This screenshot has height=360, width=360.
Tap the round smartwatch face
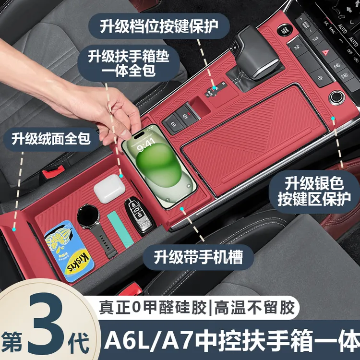coord(88,216)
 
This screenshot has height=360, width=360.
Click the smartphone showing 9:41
coord(159,166)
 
